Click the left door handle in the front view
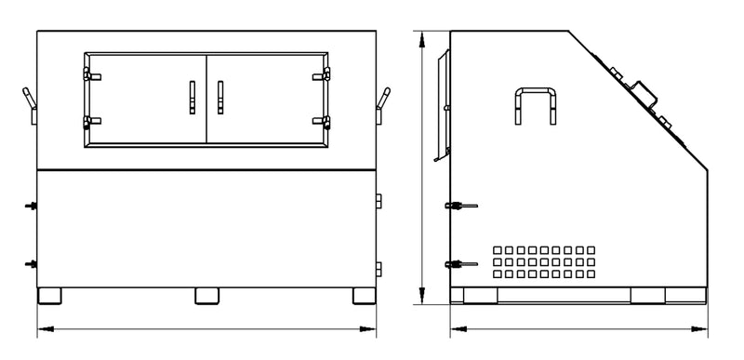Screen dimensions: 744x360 tap(192, 96)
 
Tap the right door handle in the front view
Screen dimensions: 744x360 tap(220, 96)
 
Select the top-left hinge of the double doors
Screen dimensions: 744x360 tap(87, 73)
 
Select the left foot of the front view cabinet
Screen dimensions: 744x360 tap(50, 296)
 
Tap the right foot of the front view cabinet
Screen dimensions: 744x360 tap(365, 296)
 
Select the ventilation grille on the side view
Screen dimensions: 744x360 tap(544, 261)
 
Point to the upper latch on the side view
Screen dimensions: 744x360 tap(460, 206)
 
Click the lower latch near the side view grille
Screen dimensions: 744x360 tap(460, 264)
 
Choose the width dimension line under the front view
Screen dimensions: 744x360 tap(206, 328)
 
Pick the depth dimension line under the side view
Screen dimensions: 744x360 tap(579, 328)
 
